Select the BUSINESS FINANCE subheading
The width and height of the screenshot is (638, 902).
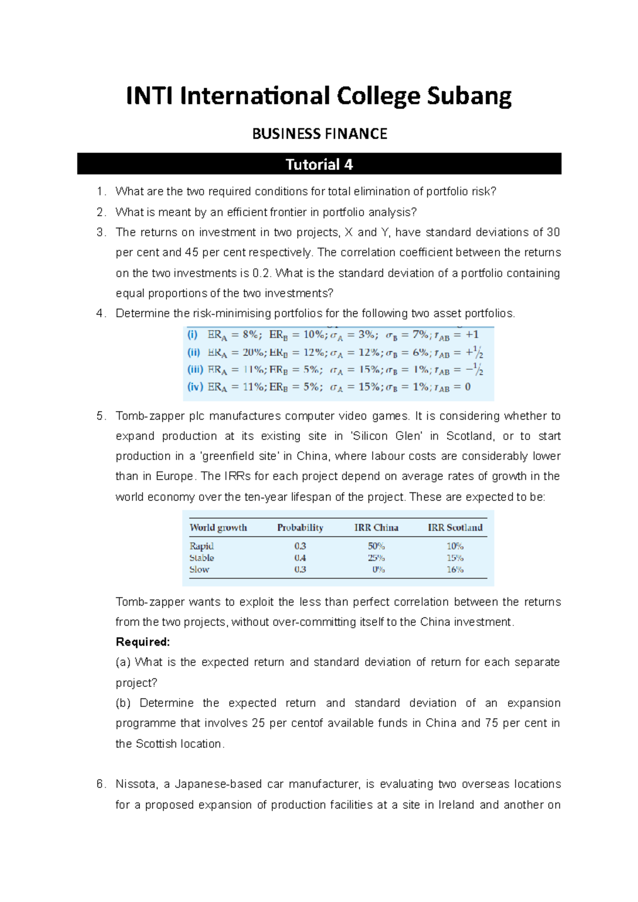point(320,134)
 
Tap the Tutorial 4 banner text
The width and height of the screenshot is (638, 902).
point(319,165)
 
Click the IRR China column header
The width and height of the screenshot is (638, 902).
point(376,527)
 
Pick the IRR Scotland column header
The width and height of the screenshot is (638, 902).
point(455,527)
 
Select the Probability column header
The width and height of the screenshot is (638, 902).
point(300,527)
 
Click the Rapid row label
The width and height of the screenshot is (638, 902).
point(202,546)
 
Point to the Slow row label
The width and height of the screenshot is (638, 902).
point(199,569)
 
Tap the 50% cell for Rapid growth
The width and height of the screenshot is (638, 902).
point(376,546)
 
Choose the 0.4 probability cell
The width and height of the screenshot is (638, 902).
point(300,558)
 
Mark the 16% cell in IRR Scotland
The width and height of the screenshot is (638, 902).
point(455,569)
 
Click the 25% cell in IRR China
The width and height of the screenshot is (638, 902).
point(376,558)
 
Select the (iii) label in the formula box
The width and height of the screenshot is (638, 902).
point(195,370)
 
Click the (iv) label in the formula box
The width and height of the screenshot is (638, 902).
point(195,387)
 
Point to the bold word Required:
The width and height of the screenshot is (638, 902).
point(142,642)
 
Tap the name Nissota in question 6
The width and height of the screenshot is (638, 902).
point(136,785)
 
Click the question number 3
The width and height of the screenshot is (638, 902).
point(100,233)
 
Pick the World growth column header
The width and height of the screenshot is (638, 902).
point(219,527)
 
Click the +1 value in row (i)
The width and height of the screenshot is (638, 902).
point(472,335)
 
